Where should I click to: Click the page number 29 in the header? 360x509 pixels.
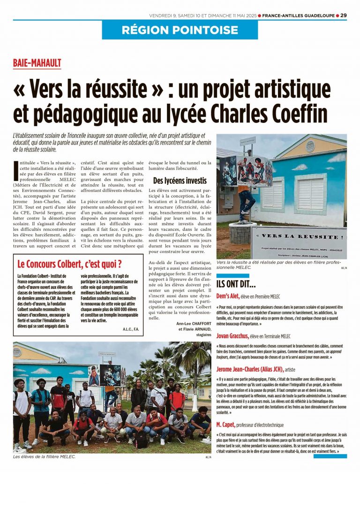pyautogui.click(x=344, y=15)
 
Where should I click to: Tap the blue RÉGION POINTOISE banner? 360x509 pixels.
pyautogui.click(x=180, y=30)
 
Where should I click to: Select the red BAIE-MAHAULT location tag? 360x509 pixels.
pyautogui.click(x=37, y=63)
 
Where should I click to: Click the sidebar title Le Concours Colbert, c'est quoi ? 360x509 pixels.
pyautogui.click(x=69, y=263)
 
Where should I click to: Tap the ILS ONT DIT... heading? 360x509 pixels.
pyautogui.click(x=236, y=284)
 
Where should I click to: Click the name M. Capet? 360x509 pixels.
pyautogui.click(x=228, y=424)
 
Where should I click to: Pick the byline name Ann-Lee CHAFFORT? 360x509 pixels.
pyautogui.click(x=194, y=324)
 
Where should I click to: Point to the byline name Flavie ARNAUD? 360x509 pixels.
pyautogui.click(x=195, y=329)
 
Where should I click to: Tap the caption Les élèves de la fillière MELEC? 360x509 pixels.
pyautogui.click(x=44, y=456)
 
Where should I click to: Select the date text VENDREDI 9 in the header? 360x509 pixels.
pyautogui.click(x=165, y=15)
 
